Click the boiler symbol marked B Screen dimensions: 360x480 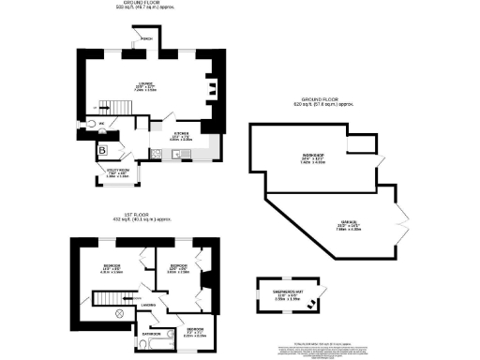pos(101,149)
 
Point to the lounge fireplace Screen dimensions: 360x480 pos(213,90)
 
